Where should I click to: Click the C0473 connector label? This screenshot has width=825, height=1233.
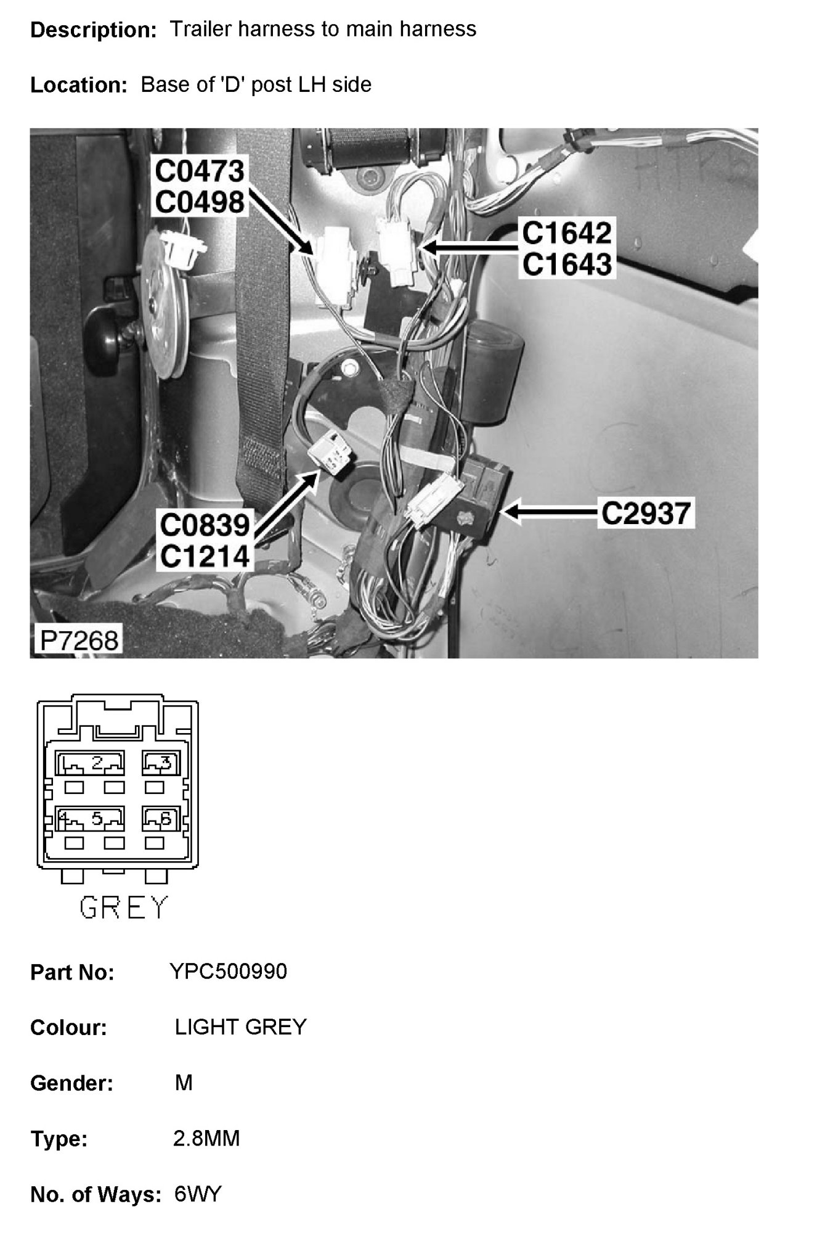[199, 171]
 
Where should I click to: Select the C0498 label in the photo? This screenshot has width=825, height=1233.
[199, 202]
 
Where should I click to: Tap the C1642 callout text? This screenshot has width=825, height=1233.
[567, 233]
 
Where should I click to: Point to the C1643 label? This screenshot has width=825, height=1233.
[567, 264]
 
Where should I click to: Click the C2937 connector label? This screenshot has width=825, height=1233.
[646, 512]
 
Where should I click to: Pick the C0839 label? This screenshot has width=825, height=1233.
[205, 526]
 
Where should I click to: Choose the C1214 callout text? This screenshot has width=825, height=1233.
[205, 557]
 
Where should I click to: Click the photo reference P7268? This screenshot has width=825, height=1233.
[78, 641]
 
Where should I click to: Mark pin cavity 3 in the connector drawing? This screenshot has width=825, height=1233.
[161, 763]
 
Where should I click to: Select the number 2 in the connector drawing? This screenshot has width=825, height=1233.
[97, 763]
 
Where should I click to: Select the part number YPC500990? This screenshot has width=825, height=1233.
[228, 972]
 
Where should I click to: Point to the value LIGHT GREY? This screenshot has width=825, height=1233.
[240, 1027]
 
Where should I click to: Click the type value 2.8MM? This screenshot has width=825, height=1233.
[206, 1138]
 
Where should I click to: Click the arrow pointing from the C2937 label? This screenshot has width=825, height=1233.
[548, 512]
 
